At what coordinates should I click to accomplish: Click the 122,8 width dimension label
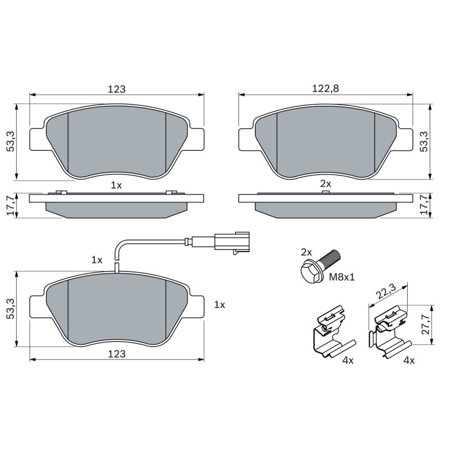click(x=326, y=88)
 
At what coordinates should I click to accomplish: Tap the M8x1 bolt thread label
click(x=341, y=277)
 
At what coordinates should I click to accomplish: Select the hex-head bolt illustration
click(x=319, y=266)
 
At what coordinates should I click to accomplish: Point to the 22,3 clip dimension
click(x=386, y=291)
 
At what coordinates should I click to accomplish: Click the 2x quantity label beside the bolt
click(x=306, y=252)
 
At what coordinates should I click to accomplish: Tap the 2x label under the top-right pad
click(x=326, y=183)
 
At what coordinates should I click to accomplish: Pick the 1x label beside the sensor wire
click(x=97, y=260)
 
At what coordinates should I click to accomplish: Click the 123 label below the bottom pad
click(x=116, y=354)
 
